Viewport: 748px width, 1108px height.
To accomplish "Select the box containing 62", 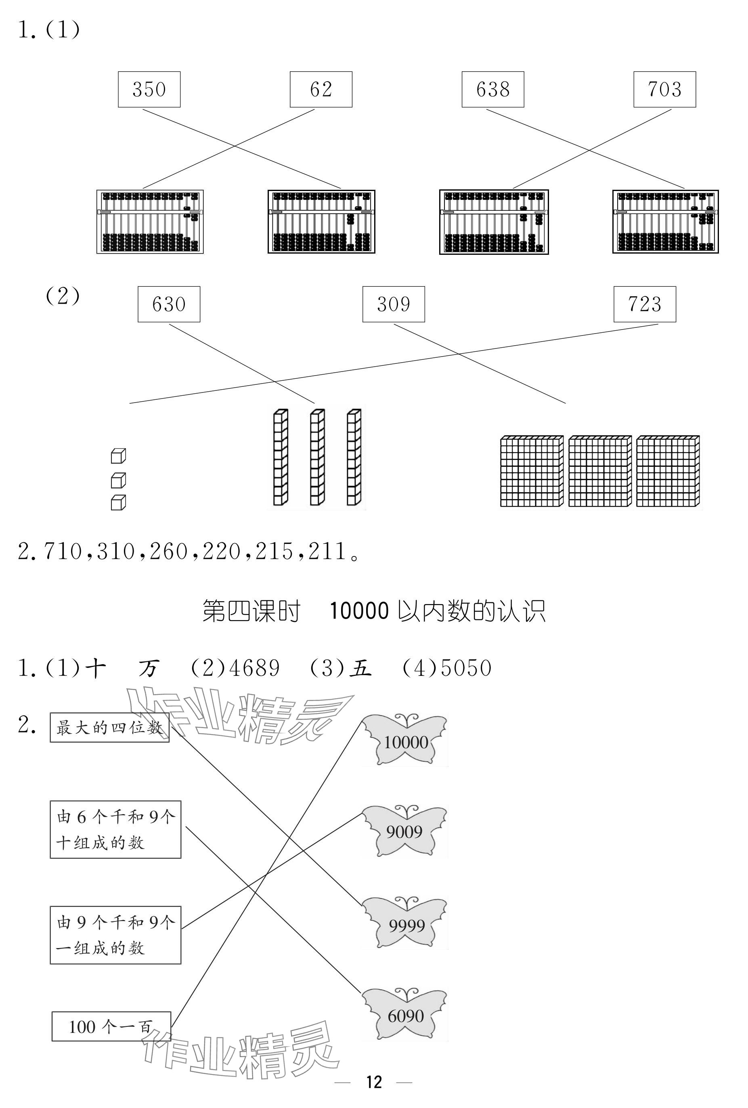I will coord(321,89).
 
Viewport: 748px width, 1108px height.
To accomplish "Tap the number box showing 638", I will coord(492,89).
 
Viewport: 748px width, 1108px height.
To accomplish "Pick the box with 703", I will coord(664,89).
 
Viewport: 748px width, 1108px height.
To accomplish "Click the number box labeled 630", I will coord(169,304).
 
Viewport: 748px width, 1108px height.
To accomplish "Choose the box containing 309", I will coord(393,304).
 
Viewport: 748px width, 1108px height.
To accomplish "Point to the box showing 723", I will coord(644,304).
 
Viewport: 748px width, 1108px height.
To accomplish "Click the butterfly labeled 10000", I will coord(405,741).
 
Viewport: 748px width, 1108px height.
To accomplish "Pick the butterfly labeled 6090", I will coord(405,1016).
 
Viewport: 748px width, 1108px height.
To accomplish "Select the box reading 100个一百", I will coord(111,1026).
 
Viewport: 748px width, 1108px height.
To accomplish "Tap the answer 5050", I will coord(466,668).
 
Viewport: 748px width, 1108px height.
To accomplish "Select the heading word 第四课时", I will coord(251,611).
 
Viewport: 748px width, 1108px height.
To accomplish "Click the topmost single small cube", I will coord(118,456).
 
